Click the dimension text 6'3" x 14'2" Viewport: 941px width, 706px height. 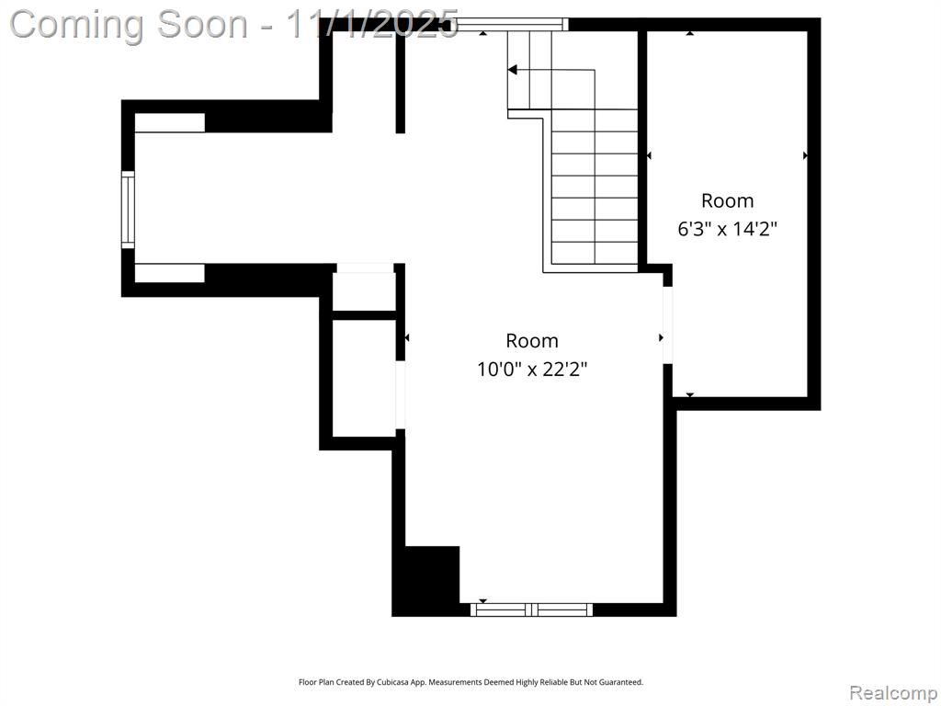(x=728, y=229)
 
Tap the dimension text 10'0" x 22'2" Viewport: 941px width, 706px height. (x=532, y=369)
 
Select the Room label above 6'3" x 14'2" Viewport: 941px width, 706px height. (x=728, y=200)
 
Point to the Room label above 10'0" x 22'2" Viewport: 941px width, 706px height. (x=532, y=340)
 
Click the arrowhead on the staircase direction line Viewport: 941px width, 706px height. (x=512, y=70)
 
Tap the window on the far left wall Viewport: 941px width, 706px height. (x=128, y=210)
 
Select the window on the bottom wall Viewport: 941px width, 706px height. (x=531, y=610)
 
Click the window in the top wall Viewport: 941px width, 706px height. (x=512, y=24)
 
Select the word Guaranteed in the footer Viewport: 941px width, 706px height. (x=625, y=682)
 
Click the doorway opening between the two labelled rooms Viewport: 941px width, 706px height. (x=667, y=325)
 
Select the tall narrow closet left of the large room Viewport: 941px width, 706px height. (x=364, y=378)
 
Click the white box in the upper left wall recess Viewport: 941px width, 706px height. (x=170, y=122)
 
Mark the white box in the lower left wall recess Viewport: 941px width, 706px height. (x=170, y=273)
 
